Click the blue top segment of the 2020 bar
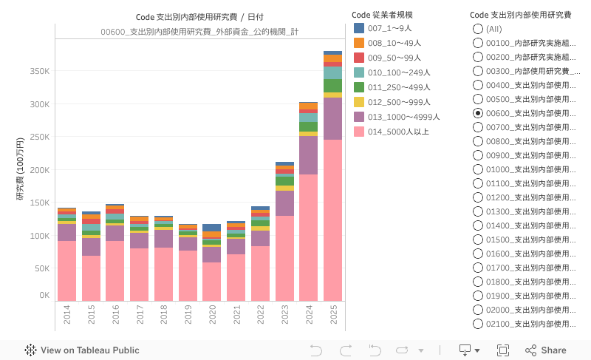pos(212,228)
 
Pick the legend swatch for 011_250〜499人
pos(359,87)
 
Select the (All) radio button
pos(478,28)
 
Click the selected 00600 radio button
pos(478,113)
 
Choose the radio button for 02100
pos(478,324)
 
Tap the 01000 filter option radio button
pos(478,169)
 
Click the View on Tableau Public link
pos(82,350)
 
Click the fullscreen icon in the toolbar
pos(503,350)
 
